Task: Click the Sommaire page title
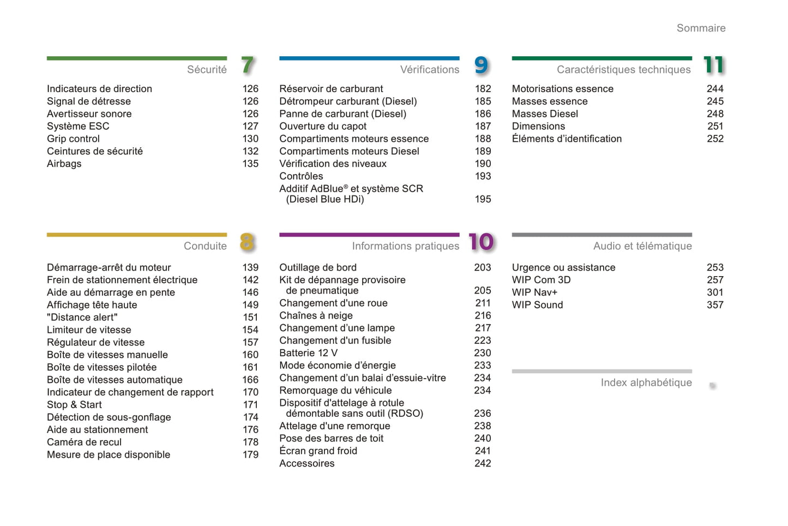701,28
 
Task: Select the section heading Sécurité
207,70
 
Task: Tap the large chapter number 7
248,65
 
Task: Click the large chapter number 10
481,242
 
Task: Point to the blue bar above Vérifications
369,58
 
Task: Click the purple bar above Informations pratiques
369,235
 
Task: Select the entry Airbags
64,164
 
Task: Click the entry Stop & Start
74,405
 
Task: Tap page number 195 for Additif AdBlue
483,200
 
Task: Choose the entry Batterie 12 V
308,353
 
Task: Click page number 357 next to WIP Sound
715,305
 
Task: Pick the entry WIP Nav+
534,292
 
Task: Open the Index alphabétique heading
646,383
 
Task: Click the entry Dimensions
538,127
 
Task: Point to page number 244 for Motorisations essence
715,89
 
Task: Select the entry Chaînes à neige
316,316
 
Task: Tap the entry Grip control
73,139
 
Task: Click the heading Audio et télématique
642,247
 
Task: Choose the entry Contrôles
301,176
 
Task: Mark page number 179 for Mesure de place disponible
250,455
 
